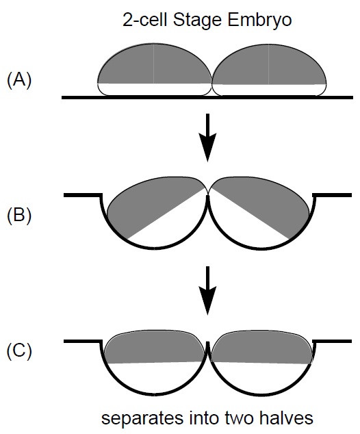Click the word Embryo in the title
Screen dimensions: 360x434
259,21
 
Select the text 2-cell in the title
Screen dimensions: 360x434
144,20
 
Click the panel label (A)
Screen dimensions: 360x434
19,80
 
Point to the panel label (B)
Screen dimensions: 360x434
19,215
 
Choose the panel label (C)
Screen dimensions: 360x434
19,350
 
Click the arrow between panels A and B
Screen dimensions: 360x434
207,138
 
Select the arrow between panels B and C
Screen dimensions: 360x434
207,291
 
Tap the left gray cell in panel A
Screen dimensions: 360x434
155,64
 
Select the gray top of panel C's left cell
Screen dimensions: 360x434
155,346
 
